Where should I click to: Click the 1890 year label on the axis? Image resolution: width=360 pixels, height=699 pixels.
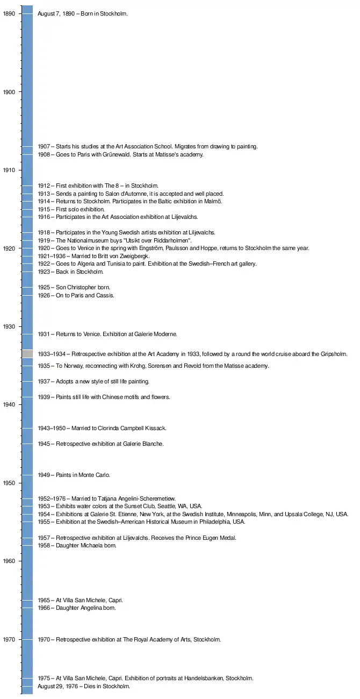pos(9,14)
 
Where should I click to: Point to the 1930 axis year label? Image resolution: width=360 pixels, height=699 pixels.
pos(9,326)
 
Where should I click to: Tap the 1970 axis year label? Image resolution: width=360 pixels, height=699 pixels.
pos(9,639)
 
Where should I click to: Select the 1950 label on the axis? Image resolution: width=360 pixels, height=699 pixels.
pos(9,483)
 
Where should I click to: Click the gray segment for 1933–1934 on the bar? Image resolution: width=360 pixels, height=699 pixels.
pos(27,354)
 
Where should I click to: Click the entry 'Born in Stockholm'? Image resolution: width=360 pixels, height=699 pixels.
pos(82,14)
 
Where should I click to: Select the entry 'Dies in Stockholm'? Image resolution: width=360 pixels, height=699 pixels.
pos(83,687)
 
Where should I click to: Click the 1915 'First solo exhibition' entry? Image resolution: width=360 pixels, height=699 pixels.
pos(71,209)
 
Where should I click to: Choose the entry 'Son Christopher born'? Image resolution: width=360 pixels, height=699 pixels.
pos(74,288)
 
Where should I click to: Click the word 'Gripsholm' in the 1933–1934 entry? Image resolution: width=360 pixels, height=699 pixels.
pos(333,354)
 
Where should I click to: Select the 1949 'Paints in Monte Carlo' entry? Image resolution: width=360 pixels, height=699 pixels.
pos(74,475)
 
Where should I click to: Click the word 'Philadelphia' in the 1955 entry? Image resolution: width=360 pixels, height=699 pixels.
pos(207,522)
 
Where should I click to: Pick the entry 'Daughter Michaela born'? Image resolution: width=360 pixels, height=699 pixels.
pos(77,546)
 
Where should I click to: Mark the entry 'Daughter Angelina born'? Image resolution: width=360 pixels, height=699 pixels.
pos(77,608)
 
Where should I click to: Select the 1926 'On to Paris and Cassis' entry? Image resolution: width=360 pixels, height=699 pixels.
pos(76,296)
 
